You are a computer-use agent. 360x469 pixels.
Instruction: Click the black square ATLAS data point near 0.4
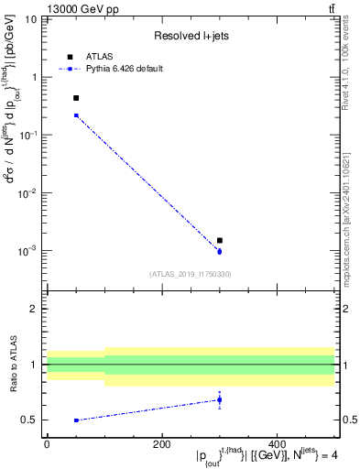tap(76, 98)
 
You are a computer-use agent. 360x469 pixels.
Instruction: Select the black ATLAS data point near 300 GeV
tap(220, 240)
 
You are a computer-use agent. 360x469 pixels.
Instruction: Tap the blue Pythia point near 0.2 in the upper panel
tap(76, 115)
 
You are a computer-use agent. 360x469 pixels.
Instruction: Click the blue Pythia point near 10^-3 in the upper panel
tap(220, 251)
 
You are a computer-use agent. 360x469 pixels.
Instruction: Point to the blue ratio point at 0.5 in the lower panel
tap(76, 420)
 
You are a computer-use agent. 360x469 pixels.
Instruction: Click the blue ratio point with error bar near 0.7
tap(220, 399)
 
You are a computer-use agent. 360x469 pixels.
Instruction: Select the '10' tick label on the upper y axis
tap(27, 19)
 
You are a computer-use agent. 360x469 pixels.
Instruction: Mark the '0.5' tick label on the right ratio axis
tap(348, 420)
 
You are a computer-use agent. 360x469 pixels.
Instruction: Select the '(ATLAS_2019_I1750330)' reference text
tap(190, 274)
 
